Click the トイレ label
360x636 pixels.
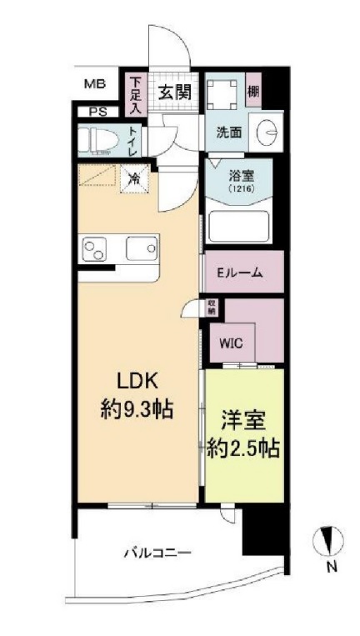(132, 140)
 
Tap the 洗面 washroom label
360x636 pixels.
(229, 131)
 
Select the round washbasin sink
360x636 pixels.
(268, 133)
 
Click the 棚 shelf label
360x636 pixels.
(253, 91)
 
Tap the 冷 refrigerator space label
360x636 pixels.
(133, 177)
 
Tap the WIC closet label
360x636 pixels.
(231, 341)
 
